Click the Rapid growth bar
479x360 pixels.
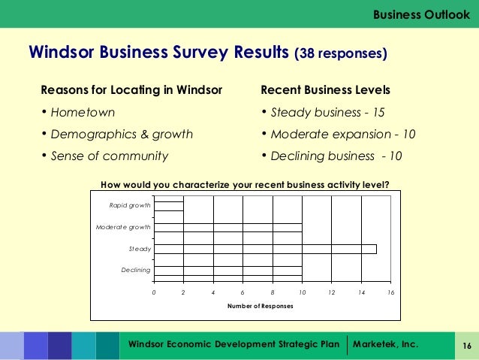pyautogui.click(x=169, y=206)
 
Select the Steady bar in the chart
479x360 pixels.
pyautogui.click(x=265, y=249)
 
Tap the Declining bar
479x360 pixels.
pyautogui.click(x=228, y=270)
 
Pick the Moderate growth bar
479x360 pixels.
pyautogui.click(x=228, y=227)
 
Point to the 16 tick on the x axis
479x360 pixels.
pyautogui.click(x=390, y=292)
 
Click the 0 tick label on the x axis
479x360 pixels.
pyautogui.click(x=155, y=292)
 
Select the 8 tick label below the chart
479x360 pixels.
pyautogui.click(x=273, y=292)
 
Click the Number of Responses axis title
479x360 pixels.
pyautogui.click(x=260, y=306)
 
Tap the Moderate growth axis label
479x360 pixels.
pyautogui.click(x=123, y=227)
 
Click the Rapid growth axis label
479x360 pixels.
pyautogui.click(x=129, y=205)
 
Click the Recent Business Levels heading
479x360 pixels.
pyautogui.click(x=325, y=90)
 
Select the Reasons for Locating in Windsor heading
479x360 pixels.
pyautogui.click(x=131, y=90)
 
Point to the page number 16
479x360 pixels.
pyautogui.click(x=465, y=346)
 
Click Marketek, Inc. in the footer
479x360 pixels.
pyautogui.click(x=390, y=344)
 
